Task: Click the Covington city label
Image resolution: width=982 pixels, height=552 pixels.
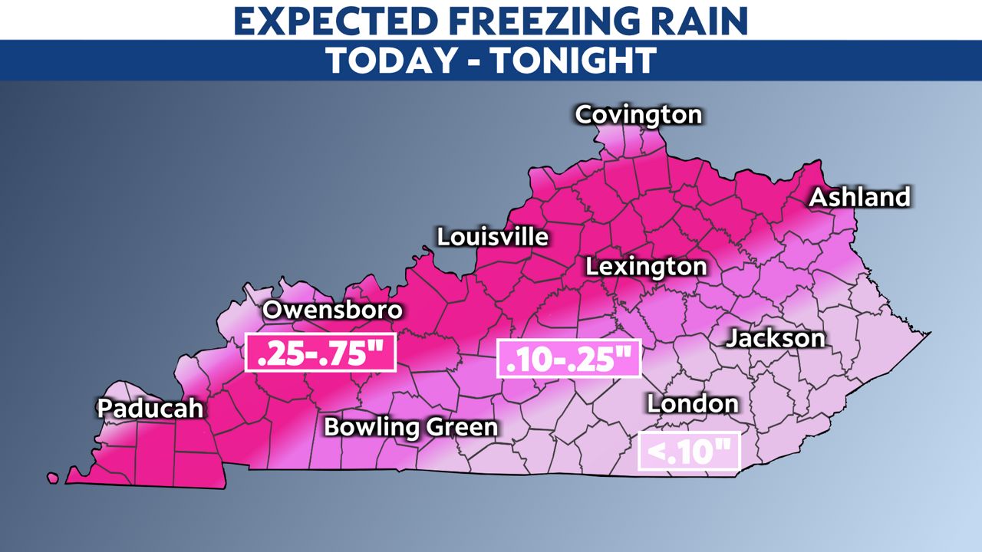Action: (x=638, y=115)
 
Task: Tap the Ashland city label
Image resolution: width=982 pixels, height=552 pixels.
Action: (x=860, y=197)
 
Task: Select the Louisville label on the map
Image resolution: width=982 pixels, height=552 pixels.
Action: (x=493, y=237)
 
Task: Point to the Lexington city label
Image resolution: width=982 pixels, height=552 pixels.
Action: (x=646, y=267)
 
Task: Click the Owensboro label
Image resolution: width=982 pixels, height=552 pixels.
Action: (x=332, y=310)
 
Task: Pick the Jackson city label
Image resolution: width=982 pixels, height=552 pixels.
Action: (x=776, y=338)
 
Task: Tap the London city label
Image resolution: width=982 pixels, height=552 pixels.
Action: (x=693, y=403)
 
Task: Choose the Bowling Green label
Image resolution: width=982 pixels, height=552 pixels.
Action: (x=411, y=427)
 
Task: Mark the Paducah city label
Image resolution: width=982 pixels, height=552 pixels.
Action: (x=150, y=409)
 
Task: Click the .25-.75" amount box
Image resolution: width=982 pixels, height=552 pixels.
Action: (x=320, y=353)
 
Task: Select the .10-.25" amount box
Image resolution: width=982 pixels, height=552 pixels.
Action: (x=568, y=358)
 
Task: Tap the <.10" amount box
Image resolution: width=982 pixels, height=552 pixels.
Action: (x=690, y=452)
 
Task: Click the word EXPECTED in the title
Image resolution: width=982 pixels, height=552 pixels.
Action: (x=340, y=21)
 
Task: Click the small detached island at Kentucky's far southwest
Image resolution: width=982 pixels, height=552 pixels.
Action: (x=53, y=478)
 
